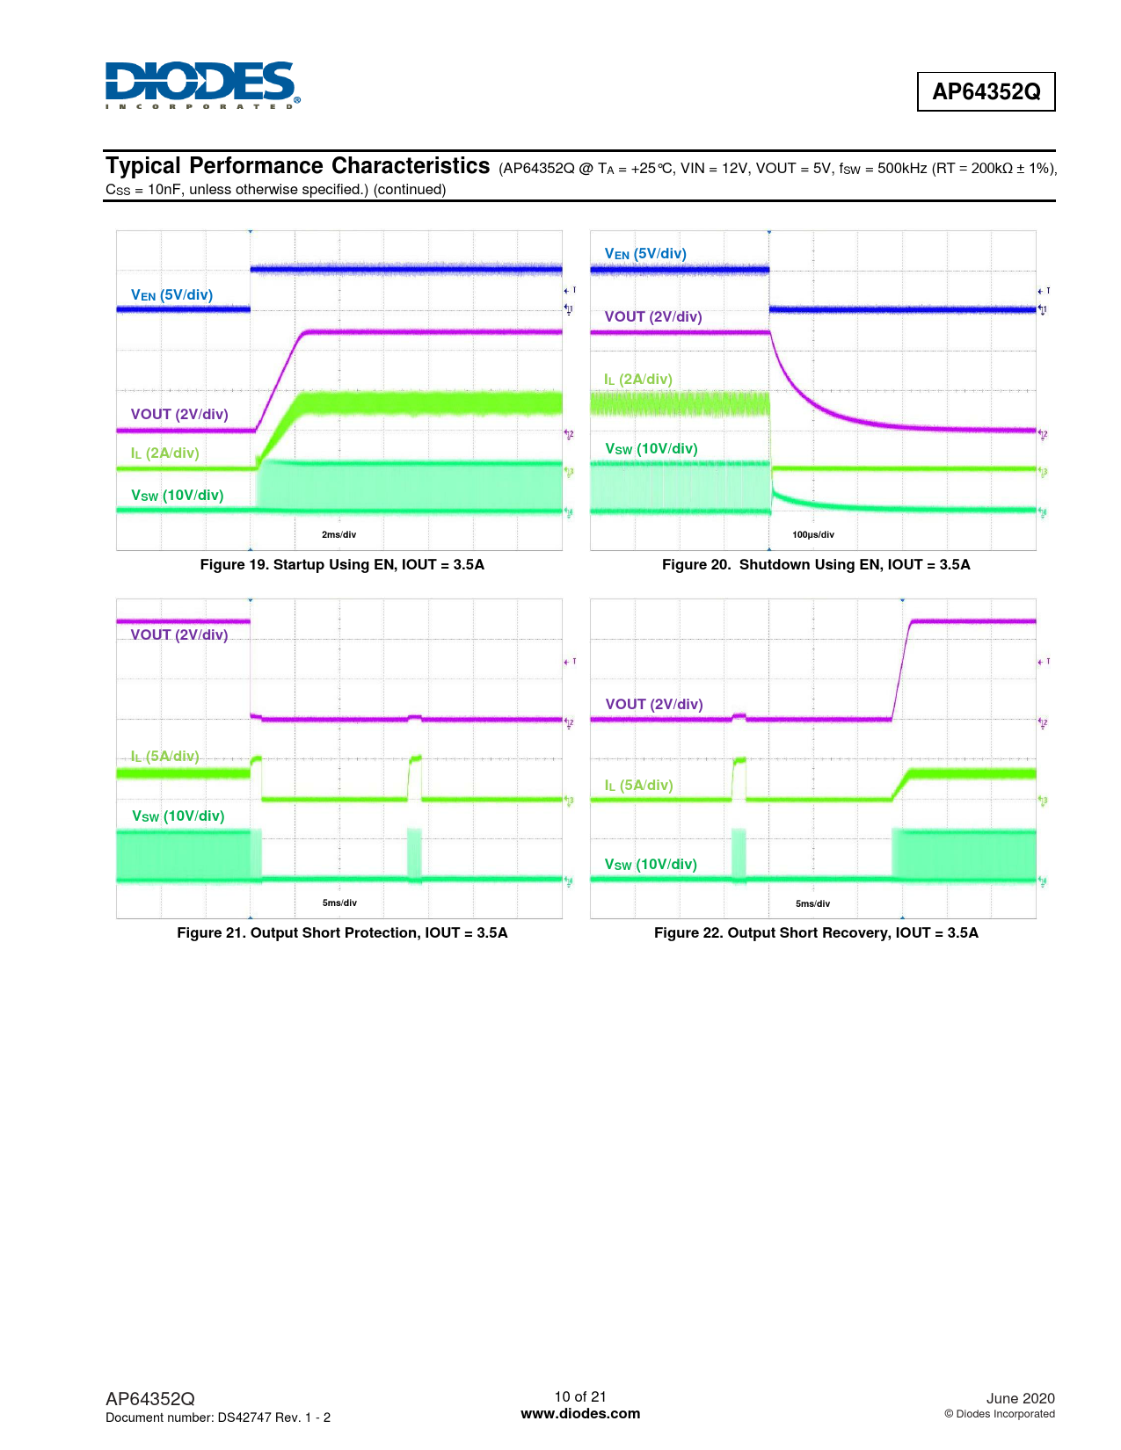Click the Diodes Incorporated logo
tap(201, 85)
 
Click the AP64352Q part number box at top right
tap(986, 91)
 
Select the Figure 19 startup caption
tap(342, 564)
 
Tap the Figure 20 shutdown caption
tap(816, 564)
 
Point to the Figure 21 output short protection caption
tap(342, 932)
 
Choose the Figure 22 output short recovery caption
tap(816, 932)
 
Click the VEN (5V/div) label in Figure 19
tap(171, 295)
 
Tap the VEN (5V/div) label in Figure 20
tap(645, 254)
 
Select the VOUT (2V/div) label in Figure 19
tap(179, 414)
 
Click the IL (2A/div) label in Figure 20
tap(637, 379)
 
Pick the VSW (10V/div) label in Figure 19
tap(178, 496)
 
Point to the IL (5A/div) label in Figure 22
tap(638, 785)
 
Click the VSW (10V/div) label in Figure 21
tap(178, 816)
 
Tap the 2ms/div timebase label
tap(338, 534)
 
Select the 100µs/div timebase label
tap(813, 534)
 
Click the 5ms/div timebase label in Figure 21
tap(339, 903)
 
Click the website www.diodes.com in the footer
tap(580, 1413)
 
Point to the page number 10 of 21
tap(580, 1396)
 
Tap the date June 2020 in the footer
tap(1020, 1398)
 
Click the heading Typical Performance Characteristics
tap(298, 166)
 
